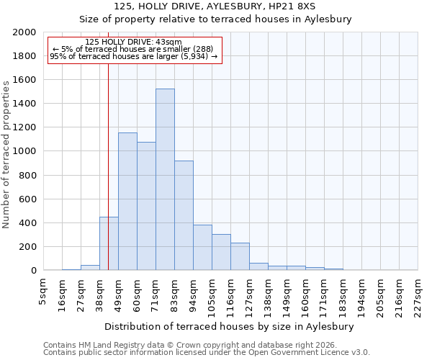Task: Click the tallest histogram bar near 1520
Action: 165,180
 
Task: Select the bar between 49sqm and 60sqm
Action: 127,202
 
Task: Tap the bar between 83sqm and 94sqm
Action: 184,216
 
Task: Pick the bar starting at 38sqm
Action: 109,244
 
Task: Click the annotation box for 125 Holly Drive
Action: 134,50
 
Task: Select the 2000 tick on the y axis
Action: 24,32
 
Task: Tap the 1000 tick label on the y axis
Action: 24,152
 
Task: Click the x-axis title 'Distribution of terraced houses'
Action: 234,326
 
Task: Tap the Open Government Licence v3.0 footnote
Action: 317,353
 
